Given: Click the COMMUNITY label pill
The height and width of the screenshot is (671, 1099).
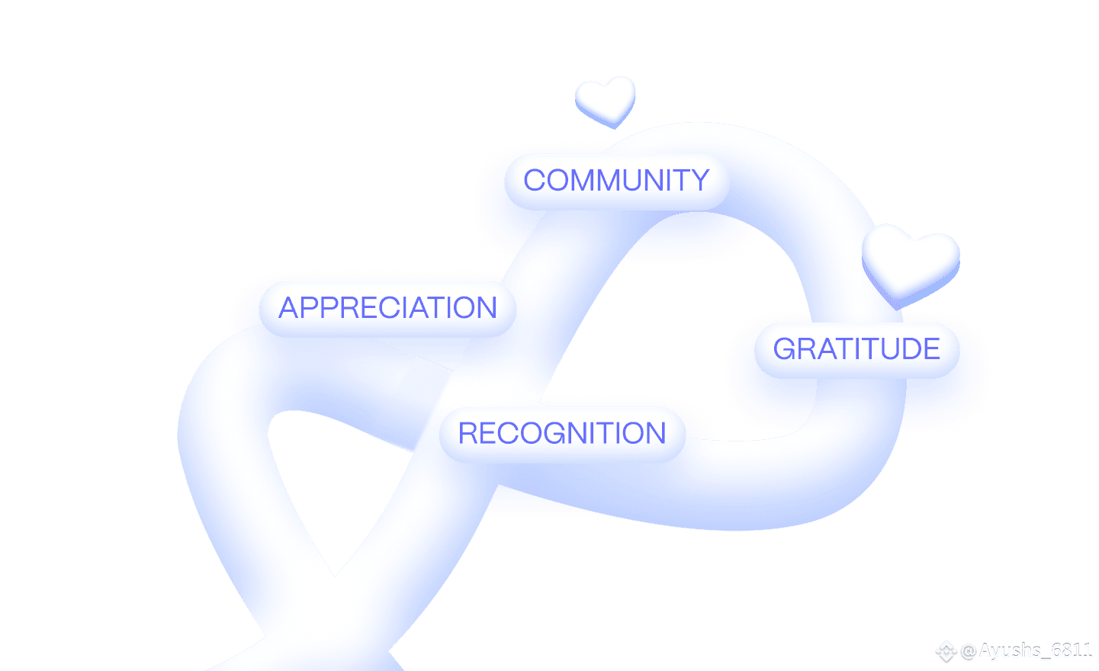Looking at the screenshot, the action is coord(616,181).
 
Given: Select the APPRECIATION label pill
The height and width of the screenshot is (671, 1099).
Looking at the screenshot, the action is coord(387,308).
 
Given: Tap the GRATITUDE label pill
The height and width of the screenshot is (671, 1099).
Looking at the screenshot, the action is coord(856,349).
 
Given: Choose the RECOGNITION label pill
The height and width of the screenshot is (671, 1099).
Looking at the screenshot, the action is coord(562,434).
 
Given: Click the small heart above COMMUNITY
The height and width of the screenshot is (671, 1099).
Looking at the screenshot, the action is coord(606,101).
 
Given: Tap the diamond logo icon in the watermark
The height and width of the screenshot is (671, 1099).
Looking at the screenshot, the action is coord(946,651).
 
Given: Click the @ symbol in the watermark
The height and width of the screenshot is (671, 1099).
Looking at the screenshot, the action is coord(969,651).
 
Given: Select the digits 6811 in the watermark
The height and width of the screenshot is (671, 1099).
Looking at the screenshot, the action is coord(1072,651).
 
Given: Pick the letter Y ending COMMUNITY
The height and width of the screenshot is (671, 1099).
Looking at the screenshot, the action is coord(699,181).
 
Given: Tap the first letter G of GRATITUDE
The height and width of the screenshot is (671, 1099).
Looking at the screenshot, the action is coord(786,349).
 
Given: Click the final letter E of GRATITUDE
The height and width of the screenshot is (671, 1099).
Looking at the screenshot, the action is coord(930,349).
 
